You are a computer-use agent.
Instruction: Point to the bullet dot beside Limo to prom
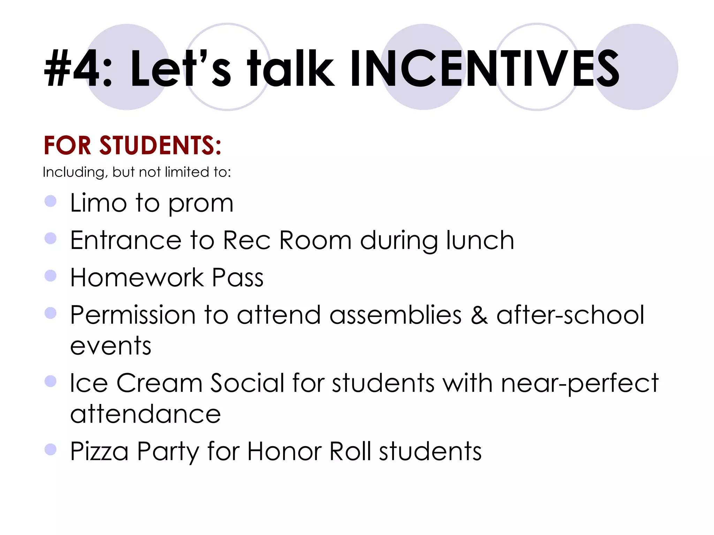click(51, 201)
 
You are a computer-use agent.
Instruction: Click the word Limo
click(98, 203)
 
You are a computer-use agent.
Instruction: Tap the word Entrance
click(126, 240)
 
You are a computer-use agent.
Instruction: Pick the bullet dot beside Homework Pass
click(51, 276)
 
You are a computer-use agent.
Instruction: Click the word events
click(111, 346)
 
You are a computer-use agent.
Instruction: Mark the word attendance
click(145, 414)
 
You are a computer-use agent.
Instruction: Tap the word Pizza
click(99, 451)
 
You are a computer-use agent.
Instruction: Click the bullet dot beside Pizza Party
click(51, 449)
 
